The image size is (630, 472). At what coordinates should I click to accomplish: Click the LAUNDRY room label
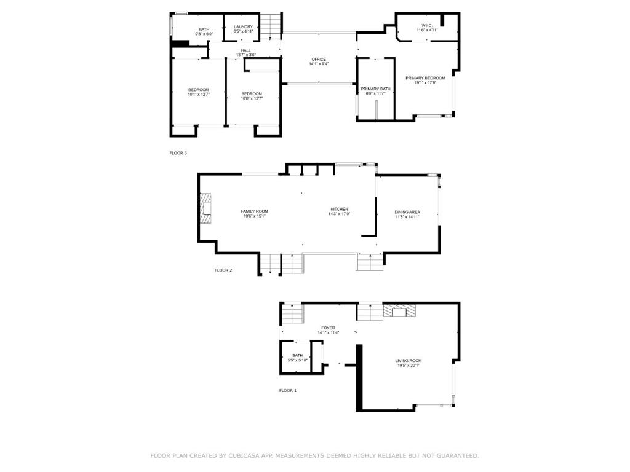point(243,26)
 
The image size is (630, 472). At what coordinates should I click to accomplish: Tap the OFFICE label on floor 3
point(318,59)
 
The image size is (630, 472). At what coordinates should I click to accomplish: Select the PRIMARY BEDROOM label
point(425,78)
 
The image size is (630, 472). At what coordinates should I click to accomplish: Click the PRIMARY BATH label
point(375,89)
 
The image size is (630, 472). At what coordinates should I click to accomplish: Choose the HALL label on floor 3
point(245,50)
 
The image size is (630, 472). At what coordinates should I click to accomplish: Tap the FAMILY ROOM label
point(254,211)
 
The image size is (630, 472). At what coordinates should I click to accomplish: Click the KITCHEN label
point(339,209)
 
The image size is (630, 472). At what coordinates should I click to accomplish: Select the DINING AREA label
point(407,212)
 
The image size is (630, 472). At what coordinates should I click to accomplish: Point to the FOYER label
point(328,328)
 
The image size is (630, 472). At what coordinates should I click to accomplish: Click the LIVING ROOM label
point(409,360)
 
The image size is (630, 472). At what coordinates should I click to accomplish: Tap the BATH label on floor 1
point(297,355)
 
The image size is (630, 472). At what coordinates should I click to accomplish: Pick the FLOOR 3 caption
point(178,153)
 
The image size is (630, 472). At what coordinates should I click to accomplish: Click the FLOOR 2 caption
point(223,270)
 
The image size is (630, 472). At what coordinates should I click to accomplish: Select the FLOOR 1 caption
point(287,390)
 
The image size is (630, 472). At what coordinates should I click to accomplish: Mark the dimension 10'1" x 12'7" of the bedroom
point(199,95)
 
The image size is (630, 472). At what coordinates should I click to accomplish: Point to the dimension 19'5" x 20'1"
point(409,366)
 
